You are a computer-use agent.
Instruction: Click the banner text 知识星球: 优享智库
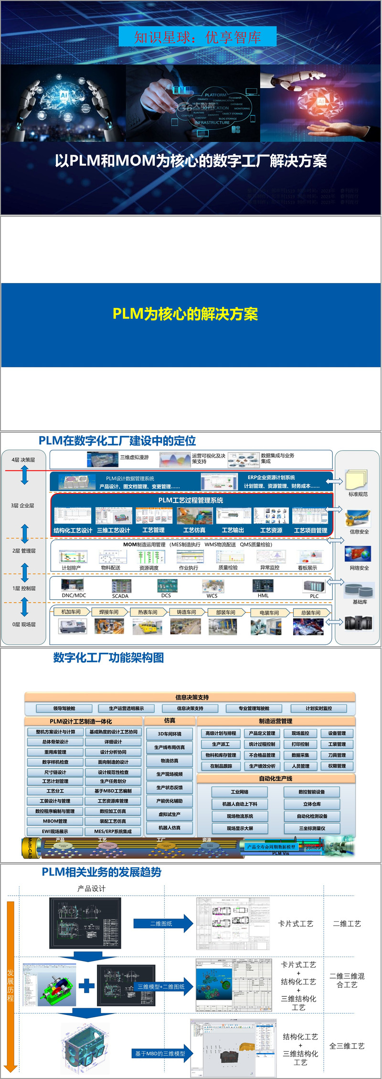pyautogui.click(x=197, y=37)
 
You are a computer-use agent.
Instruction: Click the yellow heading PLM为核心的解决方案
pyautogui.click(x=185, y=314)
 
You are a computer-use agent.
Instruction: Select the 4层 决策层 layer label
pyautogui.click(x=23, y=459)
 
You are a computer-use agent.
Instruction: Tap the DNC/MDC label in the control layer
pyautogui.click(x=74, y=595)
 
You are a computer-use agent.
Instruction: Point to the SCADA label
pyautogui.click(x=120, y=596)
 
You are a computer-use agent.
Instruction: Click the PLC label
pyautogui.click(x=314, y=596)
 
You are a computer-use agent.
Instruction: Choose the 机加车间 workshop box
pyautogui.click(x=71, y=612)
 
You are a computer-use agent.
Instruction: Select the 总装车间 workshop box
pyautogui.click(x=311, y=612)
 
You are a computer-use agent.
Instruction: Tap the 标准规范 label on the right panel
pyautogui.click(x=358, y=494)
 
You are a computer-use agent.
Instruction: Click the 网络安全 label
pyautogui.click(x=359, y=568)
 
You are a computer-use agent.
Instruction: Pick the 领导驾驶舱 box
pyautogui.click(x=64, y=708)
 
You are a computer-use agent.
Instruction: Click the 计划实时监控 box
pyautogui.click(x=318, y=708)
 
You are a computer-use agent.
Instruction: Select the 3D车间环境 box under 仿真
pyautogui.click(x=170, y=734)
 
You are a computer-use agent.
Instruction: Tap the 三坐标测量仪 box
pyautogui.click(x=312, y=828)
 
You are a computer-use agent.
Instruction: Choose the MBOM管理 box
pyautogui.click(x=55, y=821)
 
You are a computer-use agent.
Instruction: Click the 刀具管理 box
pyautogui.click(x=337, y=755)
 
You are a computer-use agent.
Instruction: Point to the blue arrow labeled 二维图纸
pyautogui.click(x=162, y=924)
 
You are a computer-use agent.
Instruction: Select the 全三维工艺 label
pyautogui.click(x=347, y=1046)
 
